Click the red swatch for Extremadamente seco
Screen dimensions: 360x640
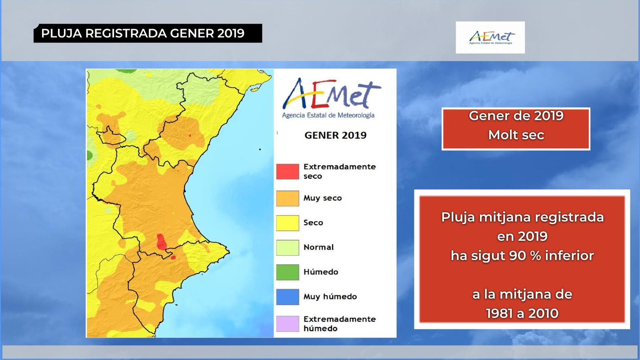pyautogui.click(x=287, y=171)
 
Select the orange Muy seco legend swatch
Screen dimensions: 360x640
pyautogui.click(x=287, y=198)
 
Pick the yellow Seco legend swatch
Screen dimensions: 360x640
pyautogui.click(x=287, y=223)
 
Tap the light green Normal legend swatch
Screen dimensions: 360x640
pyautogui.click(x=287, y=247)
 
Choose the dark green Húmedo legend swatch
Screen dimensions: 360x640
pyautogui.click(x=287, y=272)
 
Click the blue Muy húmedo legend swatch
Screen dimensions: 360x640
pyautogui.click(x=287, y=297)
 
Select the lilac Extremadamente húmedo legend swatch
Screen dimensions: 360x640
pyautogui.click(x=287, y=324)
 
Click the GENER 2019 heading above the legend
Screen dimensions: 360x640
pyautogui.click(x=335, y=135)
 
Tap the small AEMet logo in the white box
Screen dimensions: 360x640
pyautogui.click(x=490, y=38)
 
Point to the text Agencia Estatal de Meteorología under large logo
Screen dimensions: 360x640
pyautogui.click(x=328, y=115)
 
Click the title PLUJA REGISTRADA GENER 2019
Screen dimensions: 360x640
pyautogui.click(x=143, y=33)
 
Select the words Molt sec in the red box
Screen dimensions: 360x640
pyautogui.click(x=516, y=135)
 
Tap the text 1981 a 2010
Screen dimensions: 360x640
pyautogui.click(x=522, y=313)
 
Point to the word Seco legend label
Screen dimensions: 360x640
pyautogui.click(x=313, y=223)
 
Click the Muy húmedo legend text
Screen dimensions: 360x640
pyautogui.click(x=330, y=297)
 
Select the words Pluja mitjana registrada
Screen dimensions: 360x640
pyautogui.click(x=522, y=217)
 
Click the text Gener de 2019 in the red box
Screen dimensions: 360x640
pyautogui.click(x=516, y=116)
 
